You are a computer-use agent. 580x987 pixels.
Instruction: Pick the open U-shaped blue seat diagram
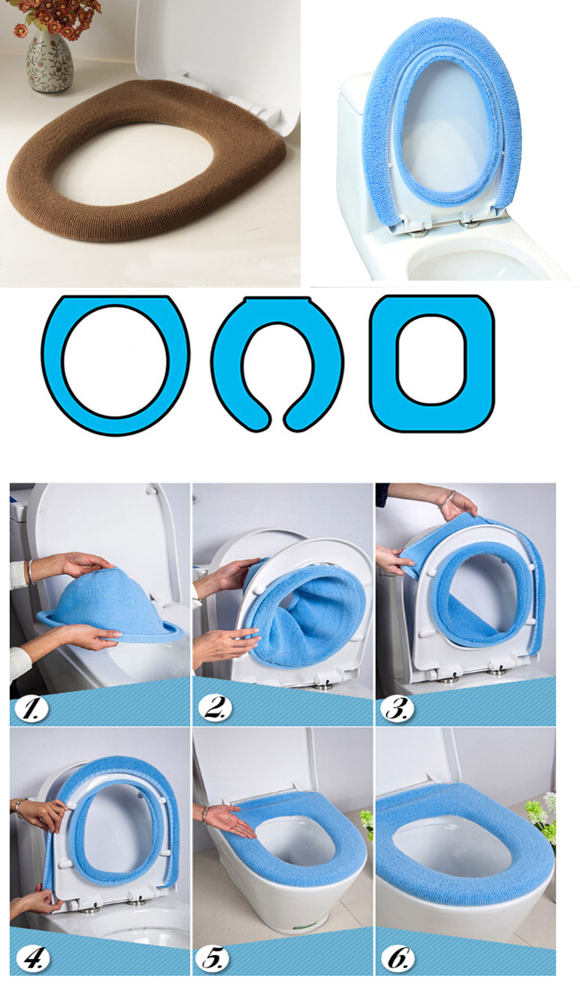point(277,363)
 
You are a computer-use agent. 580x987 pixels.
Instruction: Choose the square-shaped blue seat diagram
point(432,363)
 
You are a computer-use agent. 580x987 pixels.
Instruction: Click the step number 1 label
point(32,708)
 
